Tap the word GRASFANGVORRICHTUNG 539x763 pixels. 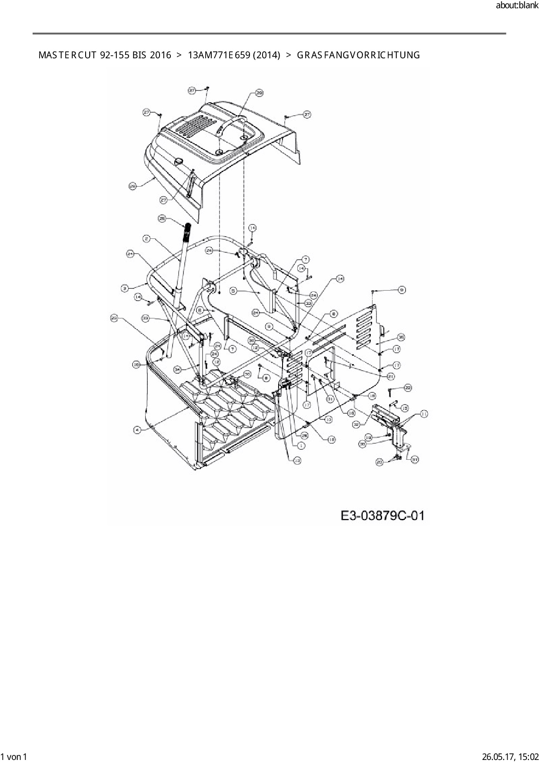[358, 55]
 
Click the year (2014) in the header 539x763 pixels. [266, 55]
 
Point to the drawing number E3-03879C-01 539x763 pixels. [382, 516]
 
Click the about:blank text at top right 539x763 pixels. [517, 6]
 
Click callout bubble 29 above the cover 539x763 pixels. [260, 93]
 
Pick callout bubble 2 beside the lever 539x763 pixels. [146, 238]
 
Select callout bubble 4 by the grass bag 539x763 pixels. [137, 429]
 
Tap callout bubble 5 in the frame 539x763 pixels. [233, 291]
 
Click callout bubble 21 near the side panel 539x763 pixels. [391, 376]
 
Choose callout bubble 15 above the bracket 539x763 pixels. [404, 408]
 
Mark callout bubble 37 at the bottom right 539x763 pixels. [415, 459]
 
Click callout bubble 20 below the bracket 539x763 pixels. [379, 462]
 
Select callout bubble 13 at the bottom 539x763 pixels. [297, 461]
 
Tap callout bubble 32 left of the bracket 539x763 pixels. [357, 425]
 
